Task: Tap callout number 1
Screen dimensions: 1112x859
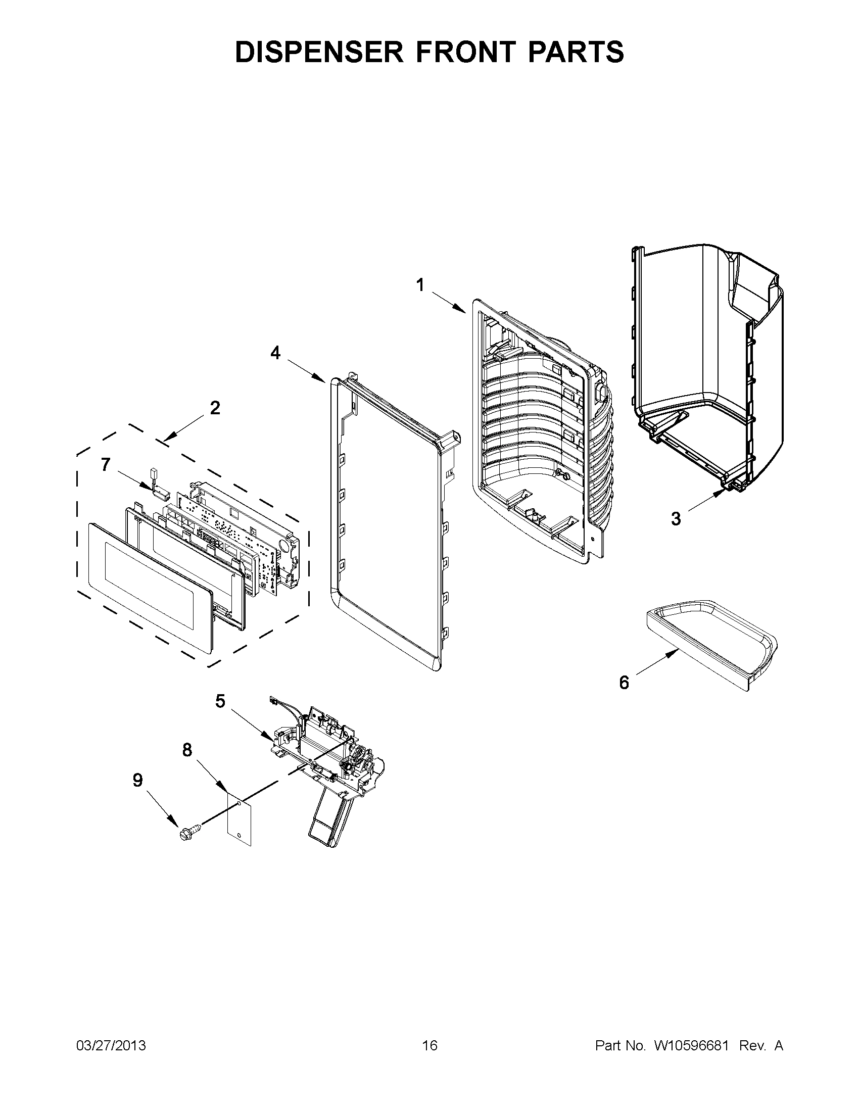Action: (420, 285)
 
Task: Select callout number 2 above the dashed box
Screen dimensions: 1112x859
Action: (215, 407)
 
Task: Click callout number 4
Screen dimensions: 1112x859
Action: (275, 352)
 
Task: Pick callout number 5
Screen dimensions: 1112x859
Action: (219, 701)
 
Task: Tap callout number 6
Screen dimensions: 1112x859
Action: (624, 682)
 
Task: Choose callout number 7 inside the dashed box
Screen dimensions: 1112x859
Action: (106, 464)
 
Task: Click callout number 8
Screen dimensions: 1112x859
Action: (187, 749)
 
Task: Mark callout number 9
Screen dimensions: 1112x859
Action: (137, 780)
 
